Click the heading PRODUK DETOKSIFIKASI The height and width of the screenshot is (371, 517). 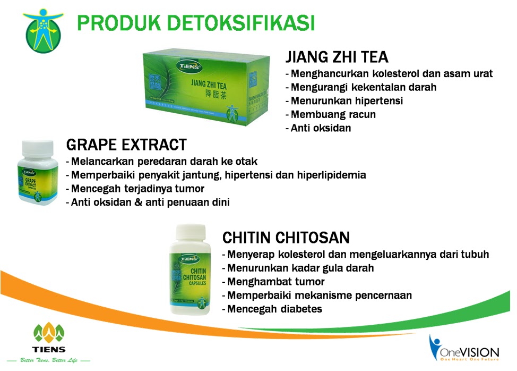tap(195, 23)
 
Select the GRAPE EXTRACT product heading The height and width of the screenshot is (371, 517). tap(126, 145)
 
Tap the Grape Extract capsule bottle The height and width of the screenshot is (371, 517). tap(37, 173)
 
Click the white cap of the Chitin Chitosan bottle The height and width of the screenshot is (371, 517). tap(189, 233)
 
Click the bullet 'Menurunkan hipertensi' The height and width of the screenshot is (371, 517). tap(344, 100)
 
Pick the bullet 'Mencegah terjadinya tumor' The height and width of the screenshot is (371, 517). tap(135, 189)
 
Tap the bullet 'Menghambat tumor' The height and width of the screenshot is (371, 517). tap(273, 282)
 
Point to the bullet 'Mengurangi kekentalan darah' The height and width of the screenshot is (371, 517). tap(360, 87)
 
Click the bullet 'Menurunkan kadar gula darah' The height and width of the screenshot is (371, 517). tap(297, 268)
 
